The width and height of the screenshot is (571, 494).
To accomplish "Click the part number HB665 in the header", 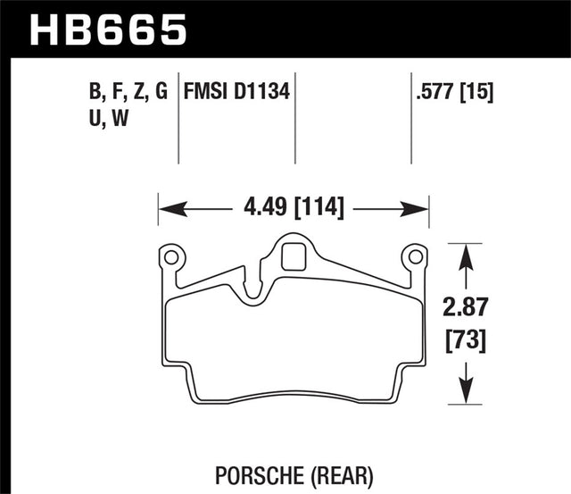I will click(x=109, y=28).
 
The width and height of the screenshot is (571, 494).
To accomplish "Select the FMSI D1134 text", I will click(x=237, y=90).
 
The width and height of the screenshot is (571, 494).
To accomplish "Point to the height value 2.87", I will click(x=465, y=309).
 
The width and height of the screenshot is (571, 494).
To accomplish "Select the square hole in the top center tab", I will click(x=291, y=257).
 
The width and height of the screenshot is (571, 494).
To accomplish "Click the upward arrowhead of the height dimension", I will click(x=465, y=254).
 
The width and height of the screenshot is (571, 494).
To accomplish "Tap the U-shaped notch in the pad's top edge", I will click(x=252, y=288).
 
